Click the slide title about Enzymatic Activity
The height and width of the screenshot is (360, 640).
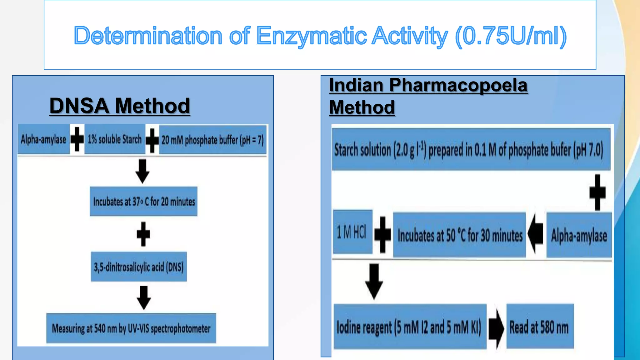coord(320,36)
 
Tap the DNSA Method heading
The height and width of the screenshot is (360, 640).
coord(120,106)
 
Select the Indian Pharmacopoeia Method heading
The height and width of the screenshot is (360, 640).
coord(428,96)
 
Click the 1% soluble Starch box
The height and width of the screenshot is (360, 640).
coord(115,139)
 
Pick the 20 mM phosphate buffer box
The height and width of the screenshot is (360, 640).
coord(212,140)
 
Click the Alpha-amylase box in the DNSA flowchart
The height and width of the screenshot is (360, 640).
coord(43,139)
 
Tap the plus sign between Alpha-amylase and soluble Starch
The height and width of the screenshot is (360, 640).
coord(77,139)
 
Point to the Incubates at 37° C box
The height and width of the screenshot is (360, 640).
coord(143,202)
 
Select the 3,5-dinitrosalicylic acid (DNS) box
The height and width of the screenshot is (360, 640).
coord(139,267)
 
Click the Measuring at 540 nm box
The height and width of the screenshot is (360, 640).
coord(131,328)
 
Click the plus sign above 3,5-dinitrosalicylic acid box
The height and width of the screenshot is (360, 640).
coord(143,234)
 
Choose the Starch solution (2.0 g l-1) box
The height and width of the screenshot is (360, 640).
coord(471,149)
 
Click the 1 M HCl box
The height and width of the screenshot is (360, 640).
coord(352,232)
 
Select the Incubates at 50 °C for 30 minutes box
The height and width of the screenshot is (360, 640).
coord(459,235)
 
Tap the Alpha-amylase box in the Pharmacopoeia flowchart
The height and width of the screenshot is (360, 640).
coord(579,235)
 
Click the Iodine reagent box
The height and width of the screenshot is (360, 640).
coord(410,327)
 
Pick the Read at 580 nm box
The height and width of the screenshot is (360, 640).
coord(540,327)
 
